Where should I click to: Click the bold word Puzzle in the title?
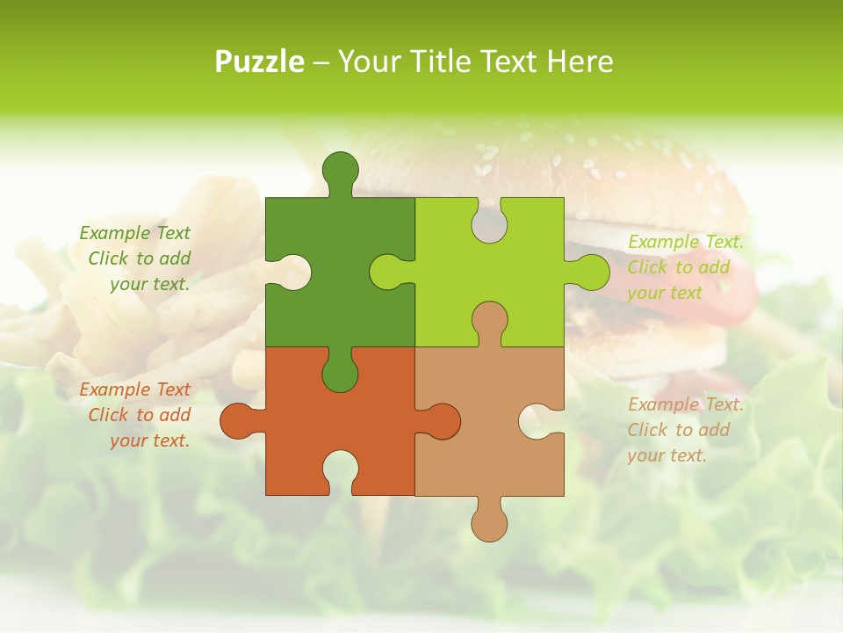[260, 62]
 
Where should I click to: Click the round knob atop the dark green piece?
[341, 171]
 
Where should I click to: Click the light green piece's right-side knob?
[592, 272]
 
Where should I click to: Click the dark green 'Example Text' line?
[134, 233]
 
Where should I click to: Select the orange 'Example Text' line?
[134, 389]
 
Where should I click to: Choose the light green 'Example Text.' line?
[686, 242]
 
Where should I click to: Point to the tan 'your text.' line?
[666, 455]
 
